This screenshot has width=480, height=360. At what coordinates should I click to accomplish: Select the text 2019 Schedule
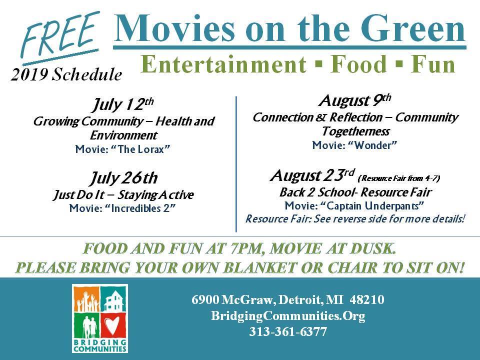click(x=66, y=74)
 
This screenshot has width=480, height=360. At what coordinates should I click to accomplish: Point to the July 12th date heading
click(x=123, y=104)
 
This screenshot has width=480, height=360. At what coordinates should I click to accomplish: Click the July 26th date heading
click(x=123, y=178)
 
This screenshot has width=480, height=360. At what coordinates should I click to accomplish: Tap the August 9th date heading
click(x=355, y=100)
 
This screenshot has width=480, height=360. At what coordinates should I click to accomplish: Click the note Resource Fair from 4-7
click(x=399, y=178)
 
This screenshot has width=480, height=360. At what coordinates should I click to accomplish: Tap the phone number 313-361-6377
click(x=288, y=331)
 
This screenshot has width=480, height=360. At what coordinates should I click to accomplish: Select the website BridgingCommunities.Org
click(x=288, y=315)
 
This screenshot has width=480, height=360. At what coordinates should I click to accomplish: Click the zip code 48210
click(x=367, y=299)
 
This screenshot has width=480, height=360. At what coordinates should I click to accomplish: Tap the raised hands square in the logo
click(x=86, y=299)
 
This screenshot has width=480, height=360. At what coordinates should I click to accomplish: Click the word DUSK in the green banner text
click(x=372, y=248)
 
